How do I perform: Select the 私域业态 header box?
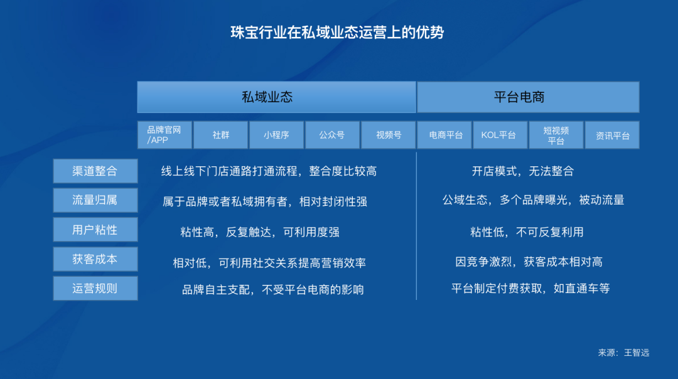tap(276, 97)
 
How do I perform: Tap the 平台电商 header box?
tap(527, 97)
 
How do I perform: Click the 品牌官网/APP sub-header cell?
tap(164, 135)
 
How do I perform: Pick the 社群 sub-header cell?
tap(220, 135)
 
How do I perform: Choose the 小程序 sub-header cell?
tap(276, 135)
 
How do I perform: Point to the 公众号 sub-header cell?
tap(332, 135)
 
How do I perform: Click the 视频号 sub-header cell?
tap(389, 135)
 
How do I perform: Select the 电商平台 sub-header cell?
tap(444, 135)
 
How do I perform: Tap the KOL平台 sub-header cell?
tap(500, 135)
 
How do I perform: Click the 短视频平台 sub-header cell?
tap(556, 135)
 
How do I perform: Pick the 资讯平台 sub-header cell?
tap(612, 135)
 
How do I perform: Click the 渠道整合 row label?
tap(95, 171)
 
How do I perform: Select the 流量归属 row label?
tap(95, 200)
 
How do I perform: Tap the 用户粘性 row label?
tap(95, 230)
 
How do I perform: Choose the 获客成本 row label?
tap(95, 259)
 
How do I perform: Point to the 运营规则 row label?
tap(95, 289)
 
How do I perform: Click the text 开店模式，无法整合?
tap(522, 171)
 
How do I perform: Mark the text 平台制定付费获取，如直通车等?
tap(530, 289)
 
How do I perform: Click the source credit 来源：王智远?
tap(623, 353)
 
